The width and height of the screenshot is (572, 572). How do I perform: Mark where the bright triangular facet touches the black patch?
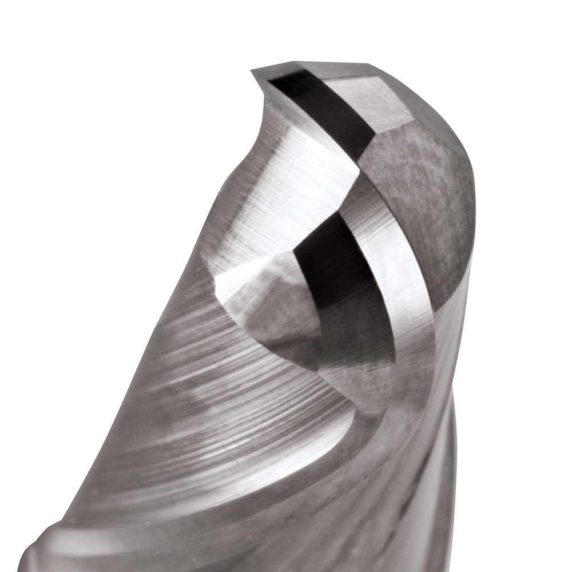coord(295,252)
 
